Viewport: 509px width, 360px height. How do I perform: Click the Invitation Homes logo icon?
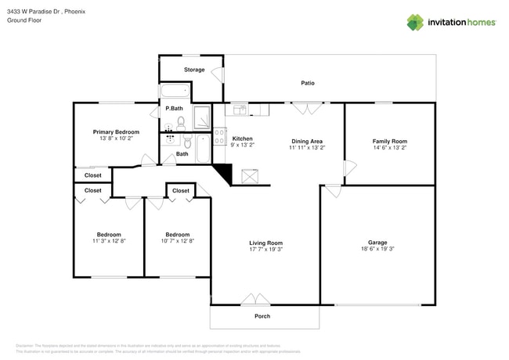[415, 22]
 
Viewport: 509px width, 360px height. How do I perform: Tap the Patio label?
[308, 83]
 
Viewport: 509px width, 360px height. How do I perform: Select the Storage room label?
[194, 70]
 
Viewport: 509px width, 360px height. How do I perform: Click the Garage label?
[377, 243]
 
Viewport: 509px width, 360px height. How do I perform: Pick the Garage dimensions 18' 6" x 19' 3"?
[377, 250]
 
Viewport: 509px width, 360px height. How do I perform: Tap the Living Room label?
[265, 243]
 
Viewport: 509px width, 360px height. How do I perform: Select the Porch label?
[262, 316]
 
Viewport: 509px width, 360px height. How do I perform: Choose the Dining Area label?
[307, 140]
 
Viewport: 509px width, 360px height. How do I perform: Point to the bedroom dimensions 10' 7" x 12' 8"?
[177, 242]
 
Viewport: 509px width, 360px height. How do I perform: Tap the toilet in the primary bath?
[181, 123]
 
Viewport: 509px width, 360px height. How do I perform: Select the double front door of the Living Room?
[255, 300]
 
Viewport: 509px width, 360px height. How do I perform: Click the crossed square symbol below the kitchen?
[251, 177]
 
